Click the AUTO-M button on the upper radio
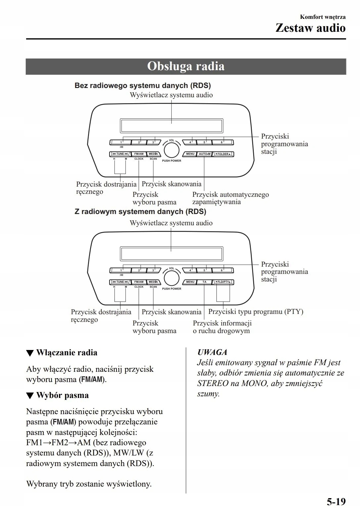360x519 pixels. tap(204, 154)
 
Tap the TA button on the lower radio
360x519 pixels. tap(204, 282)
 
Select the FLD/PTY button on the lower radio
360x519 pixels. tap(223, 282)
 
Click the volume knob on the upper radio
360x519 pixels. tap(171, 150)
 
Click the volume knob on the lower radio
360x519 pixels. tap(171, 278)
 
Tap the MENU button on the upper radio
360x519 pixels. tap(190, 154)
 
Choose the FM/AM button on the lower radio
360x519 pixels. tap(139, 282)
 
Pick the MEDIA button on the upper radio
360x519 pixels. tap(153, 154)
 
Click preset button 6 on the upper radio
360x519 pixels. tap(222, 143)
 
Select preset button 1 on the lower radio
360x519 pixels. tap(120, 271)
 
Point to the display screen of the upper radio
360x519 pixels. tap(171, 126)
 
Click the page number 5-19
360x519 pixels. tap(336, 502)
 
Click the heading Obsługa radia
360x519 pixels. tap(186, 66)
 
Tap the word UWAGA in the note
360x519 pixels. tap(212, 352)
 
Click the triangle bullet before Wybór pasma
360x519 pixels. tap(30, 396)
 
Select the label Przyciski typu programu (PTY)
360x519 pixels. tap(255, 312)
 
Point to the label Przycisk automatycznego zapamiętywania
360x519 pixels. tap(230, 198)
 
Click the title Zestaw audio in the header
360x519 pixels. tap(310, 28)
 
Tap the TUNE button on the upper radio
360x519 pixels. tap(120, 154)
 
